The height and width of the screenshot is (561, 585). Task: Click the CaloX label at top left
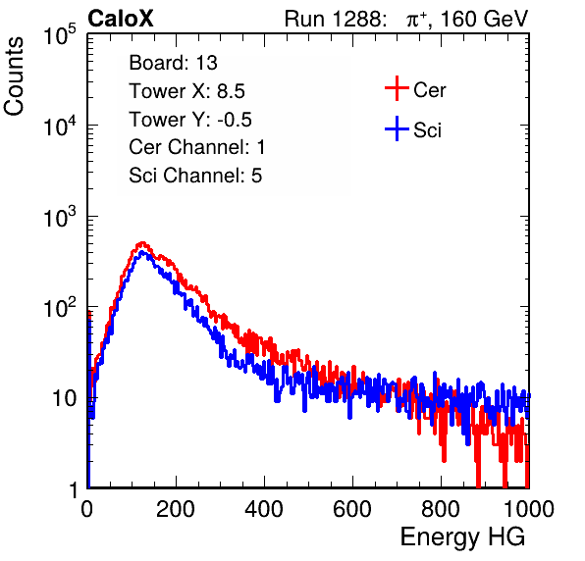(x=120, y=19)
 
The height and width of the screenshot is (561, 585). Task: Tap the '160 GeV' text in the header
(x=484, y=19)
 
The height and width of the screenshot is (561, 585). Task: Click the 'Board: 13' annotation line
(x=173, y=63)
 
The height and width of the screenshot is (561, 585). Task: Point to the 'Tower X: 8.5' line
(x=186, y=91)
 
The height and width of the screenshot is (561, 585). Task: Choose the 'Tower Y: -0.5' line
(x=190, y=120)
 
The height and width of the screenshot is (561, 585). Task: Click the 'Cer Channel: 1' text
(x=197, y=147)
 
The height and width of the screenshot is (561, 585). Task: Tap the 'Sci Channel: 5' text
(x=195, y=176)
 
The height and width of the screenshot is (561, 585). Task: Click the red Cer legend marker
(x=397, y=88)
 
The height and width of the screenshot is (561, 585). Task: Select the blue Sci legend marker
(x=397, y=129)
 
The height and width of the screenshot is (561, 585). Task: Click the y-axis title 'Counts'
(x=14, y=76)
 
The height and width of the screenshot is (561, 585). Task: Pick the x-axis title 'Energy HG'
(x=463, y=537)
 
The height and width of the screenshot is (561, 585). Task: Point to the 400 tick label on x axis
(x=264, y=509)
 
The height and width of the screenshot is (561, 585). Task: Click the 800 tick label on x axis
(x=441, y=509)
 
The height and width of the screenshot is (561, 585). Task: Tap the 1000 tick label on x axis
(x=529, y=509)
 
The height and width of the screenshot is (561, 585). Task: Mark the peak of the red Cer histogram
(x=141, y=243)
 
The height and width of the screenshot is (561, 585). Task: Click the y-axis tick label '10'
(x=65, y=399)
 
